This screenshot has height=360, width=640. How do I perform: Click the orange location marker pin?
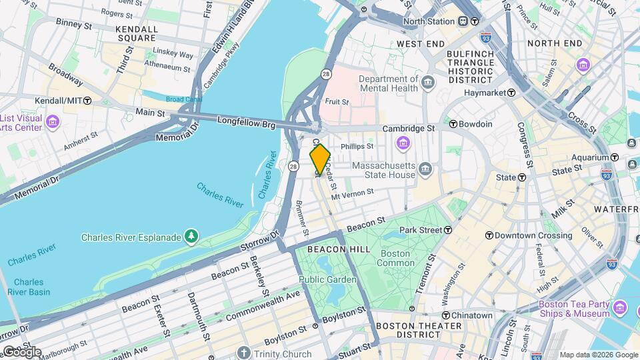[x=320, y=159]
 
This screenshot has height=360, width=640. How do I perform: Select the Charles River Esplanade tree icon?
[x=191, y=237]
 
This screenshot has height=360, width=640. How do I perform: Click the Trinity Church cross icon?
[x=245, y=353]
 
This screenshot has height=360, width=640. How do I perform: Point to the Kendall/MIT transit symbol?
[x=87, y=100]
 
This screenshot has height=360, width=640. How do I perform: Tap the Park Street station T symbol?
[x=449, y=230]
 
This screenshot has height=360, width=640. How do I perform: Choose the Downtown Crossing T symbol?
[x=489, y=235]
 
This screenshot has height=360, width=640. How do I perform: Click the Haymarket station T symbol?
[x=511, y=93]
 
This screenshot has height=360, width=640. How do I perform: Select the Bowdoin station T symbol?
[x=453, y=124]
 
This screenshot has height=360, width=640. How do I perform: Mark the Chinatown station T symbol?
[x=445, y=315]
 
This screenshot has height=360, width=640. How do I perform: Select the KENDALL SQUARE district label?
[x=137, y=34]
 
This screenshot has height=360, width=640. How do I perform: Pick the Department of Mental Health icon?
[x=427, y=83]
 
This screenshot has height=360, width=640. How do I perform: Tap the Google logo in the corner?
[x=21, y=352]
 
